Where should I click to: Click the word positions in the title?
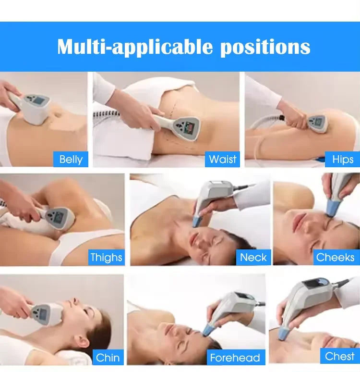click(265, 47)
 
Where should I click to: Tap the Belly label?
click(71, 159)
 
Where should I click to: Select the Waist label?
click(223, 159)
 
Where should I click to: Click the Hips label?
click(342, 159)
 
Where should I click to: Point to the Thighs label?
click(106, 257)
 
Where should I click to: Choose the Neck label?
click(253, 257)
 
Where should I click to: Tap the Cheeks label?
click(335, 257)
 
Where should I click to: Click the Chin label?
click(108, 357)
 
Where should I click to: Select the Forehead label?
click(235, 358)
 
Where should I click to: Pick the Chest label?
click(339, 356)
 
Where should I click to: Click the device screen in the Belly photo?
click(36, 101)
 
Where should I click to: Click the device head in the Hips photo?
click(318, 123)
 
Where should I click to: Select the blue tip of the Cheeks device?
click(331, 207)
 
